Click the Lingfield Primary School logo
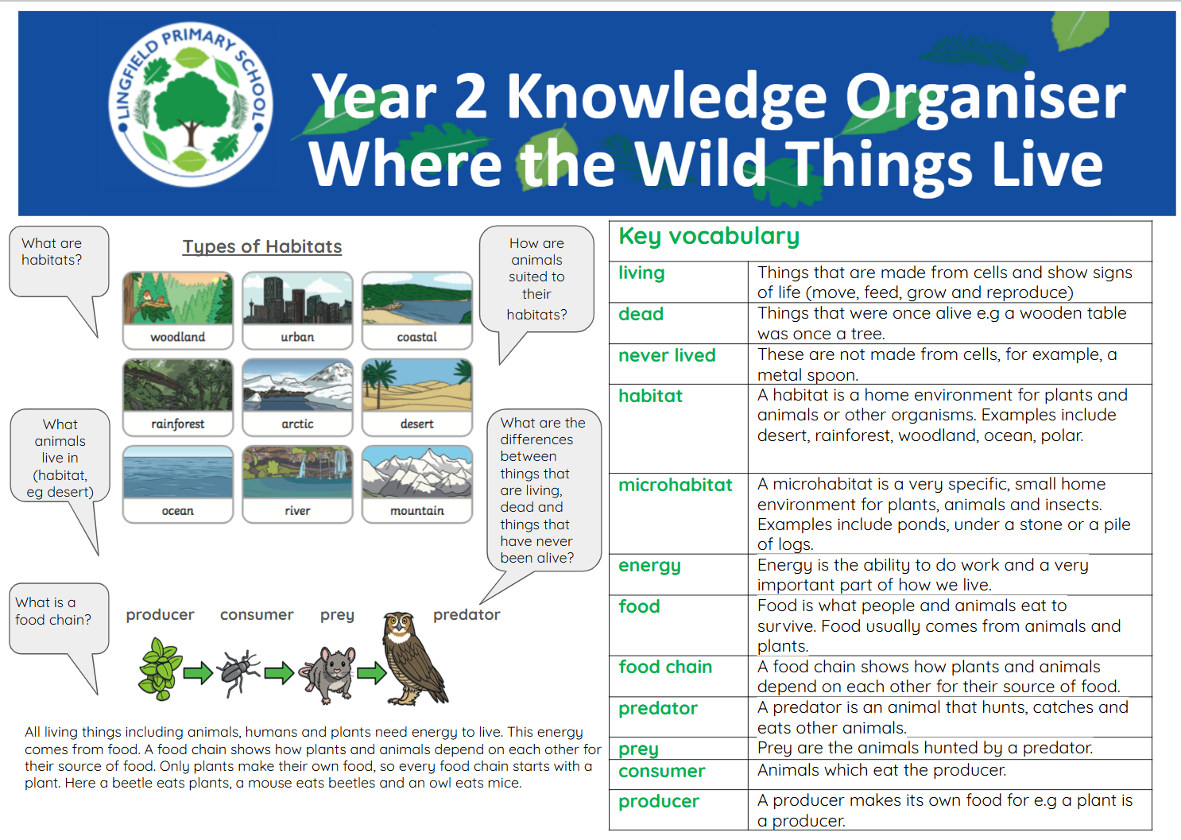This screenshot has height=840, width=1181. click(190, 104)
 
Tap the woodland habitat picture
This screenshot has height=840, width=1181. click(178, 298)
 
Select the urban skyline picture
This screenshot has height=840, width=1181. click(297, 298)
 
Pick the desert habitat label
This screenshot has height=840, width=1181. click(416, 424)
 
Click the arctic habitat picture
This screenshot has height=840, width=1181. click(297, 385)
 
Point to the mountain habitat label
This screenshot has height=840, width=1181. click(417, 510)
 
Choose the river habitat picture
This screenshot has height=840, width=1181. click(297, 472)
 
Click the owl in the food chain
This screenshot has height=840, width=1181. click(415, 658)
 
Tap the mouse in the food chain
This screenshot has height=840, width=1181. click(328, 675)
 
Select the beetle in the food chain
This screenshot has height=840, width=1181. click(241, 673)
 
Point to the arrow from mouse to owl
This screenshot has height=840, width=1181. click(372, 673)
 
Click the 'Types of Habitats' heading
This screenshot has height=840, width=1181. click(262, 247)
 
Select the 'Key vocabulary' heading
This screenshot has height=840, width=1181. click(709, 237)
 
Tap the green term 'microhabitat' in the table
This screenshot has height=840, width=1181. click(676, 485)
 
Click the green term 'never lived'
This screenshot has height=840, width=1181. click(667, 355)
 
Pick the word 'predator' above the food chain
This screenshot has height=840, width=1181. click(467, 615)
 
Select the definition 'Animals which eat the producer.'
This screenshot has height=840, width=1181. click(881, 770)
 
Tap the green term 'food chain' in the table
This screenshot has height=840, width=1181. click(665, 667)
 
